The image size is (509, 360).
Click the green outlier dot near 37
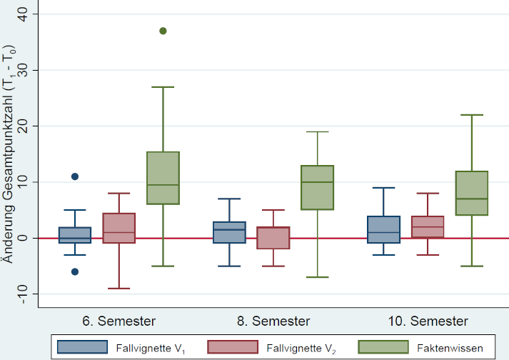coord(163,31)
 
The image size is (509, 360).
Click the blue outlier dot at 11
coord(75,176)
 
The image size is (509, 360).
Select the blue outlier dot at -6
coord(75,271)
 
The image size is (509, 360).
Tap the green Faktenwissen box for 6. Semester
coord(163,178)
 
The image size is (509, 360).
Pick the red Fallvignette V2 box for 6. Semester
coord(119,228)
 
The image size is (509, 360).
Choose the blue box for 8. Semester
coord(228,232)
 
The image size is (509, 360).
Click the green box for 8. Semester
coord(317,187)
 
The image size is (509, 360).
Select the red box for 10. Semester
coord(427,227)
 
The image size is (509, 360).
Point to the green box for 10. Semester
coord(471,193)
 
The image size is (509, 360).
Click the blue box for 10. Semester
coord(383,229)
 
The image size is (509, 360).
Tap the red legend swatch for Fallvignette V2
coord(232,347)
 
